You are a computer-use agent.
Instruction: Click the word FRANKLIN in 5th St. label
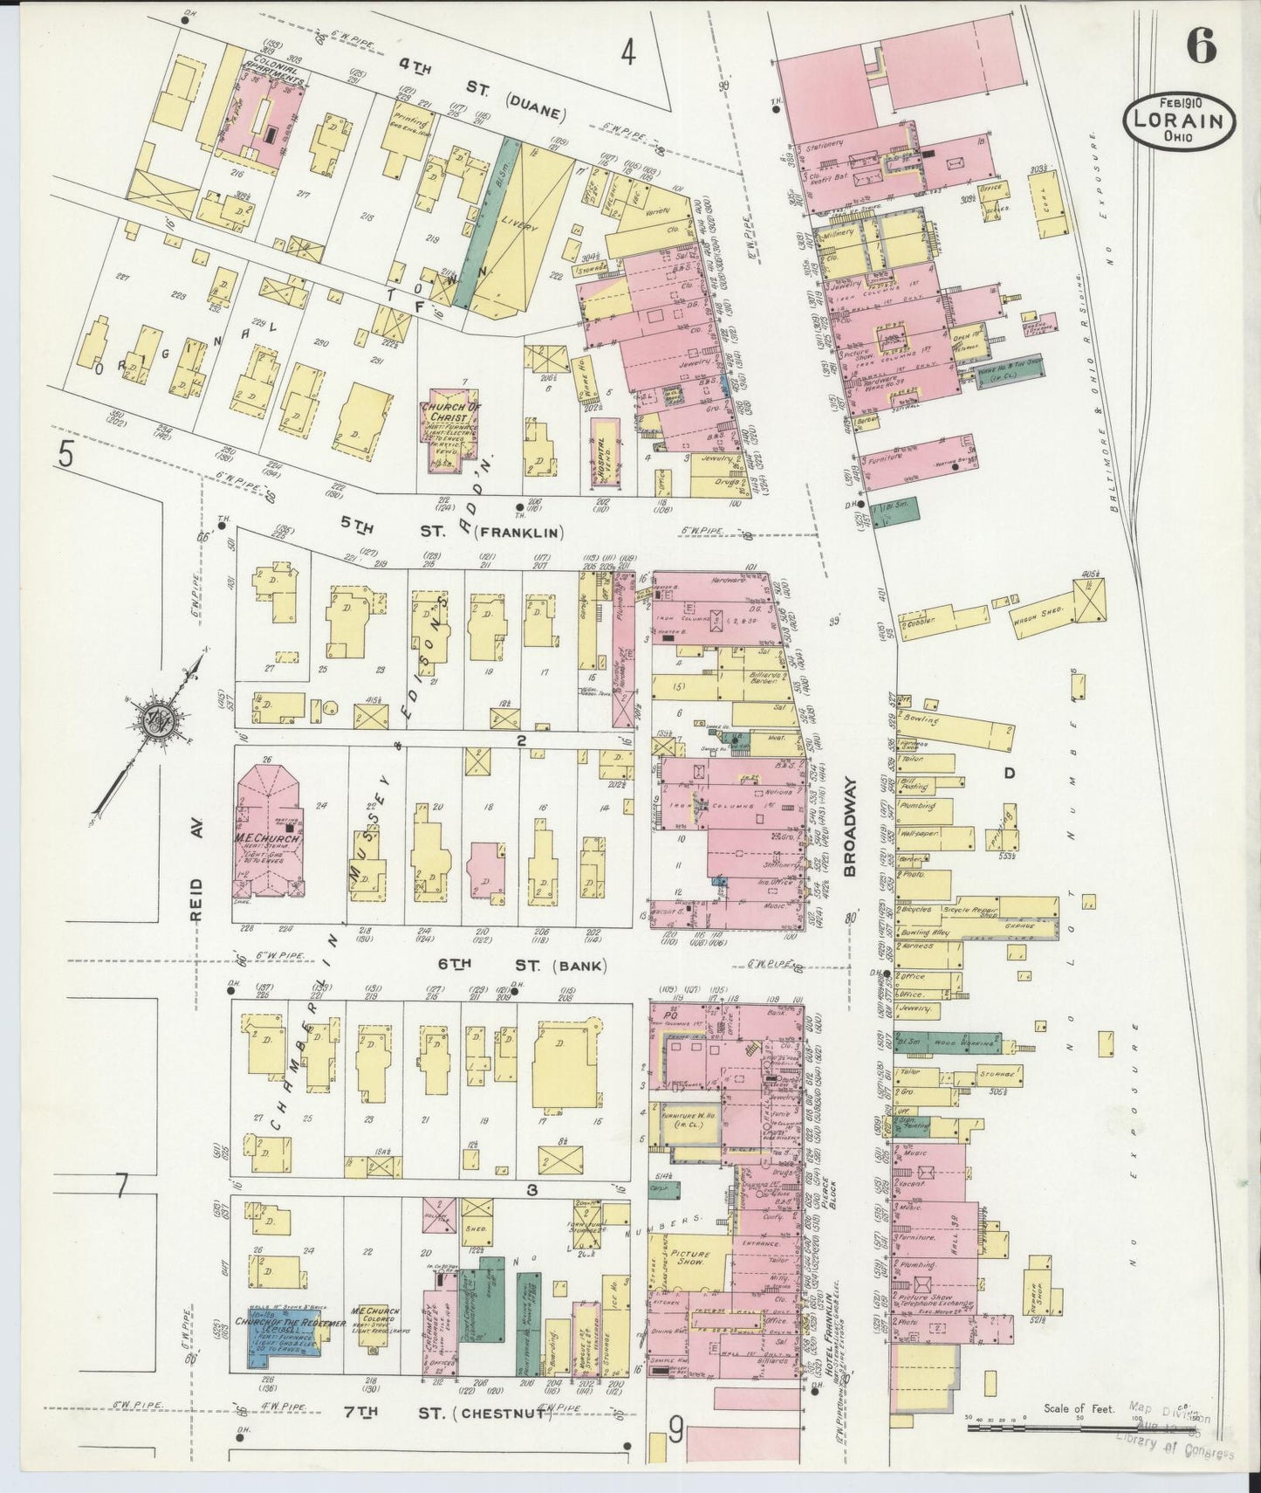(x=522, y=532)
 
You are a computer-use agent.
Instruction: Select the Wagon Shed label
(x=1032, y=613)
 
